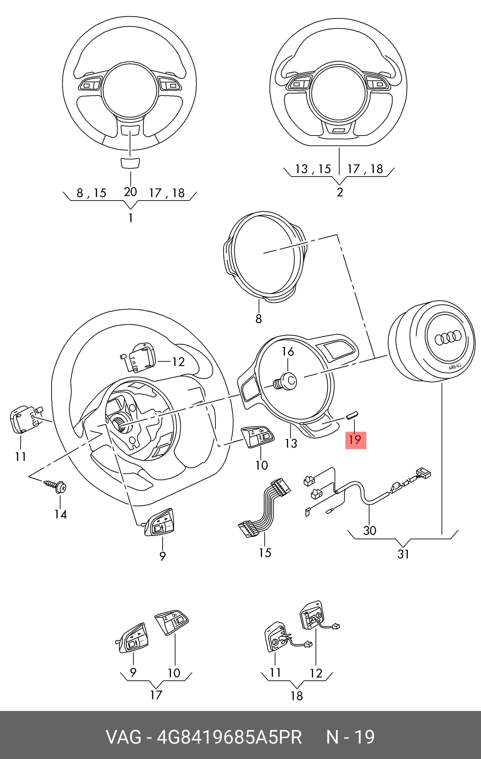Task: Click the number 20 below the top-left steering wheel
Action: coord(130,192)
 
